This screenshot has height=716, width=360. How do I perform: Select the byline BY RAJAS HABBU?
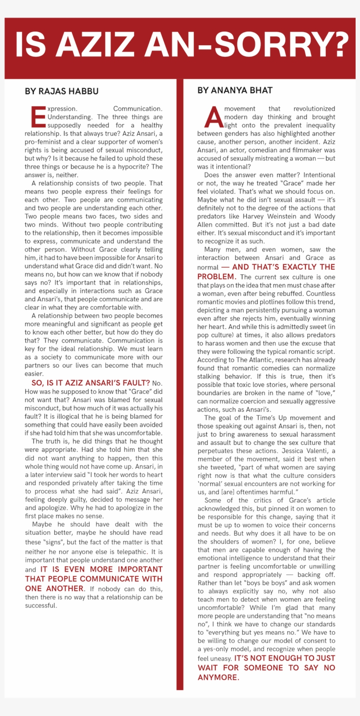pos(62,91)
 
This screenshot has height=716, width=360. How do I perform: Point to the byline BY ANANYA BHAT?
pos(235,90)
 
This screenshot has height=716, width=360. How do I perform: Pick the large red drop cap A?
pos(214,117)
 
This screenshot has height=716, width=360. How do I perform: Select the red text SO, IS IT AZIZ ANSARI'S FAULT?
pos(90,383)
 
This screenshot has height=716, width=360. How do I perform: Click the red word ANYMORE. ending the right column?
pos(219,677)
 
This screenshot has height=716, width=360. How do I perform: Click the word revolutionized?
pos(314,108)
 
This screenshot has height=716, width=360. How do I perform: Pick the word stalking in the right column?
pos(209,377)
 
